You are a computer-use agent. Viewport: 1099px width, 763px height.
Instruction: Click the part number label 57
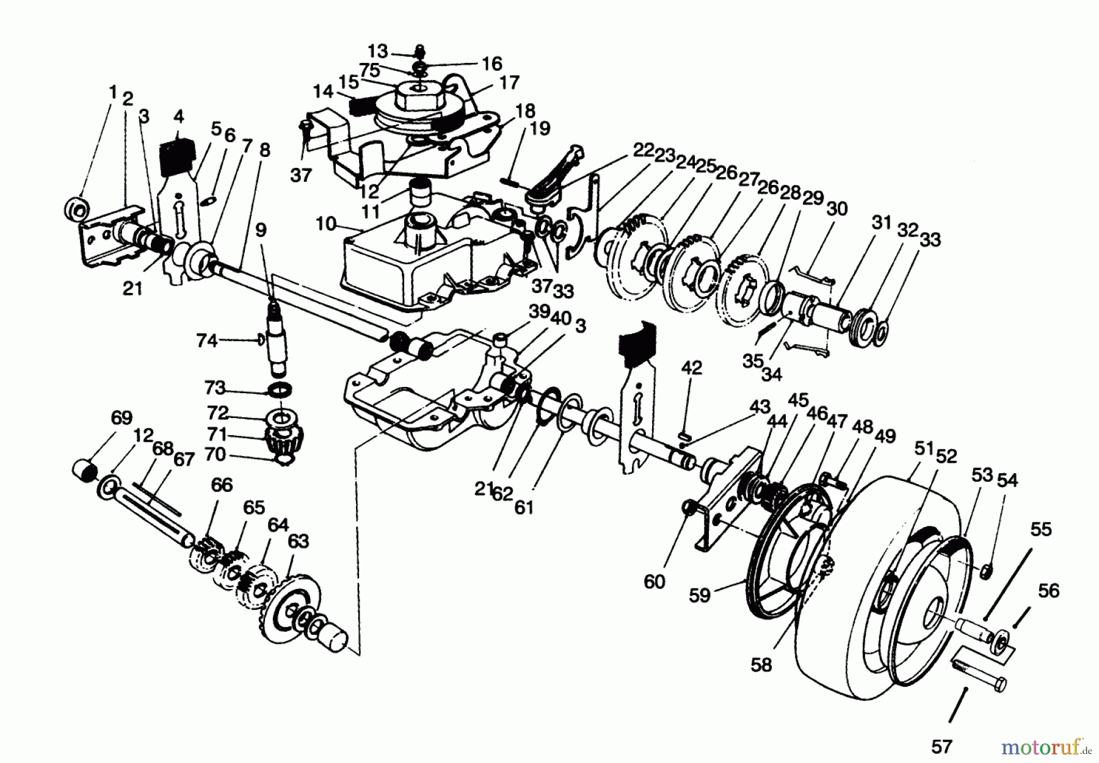[x=941, y=745]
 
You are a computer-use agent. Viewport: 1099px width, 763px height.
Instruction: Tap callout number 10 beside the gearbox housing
[x=326, y=224]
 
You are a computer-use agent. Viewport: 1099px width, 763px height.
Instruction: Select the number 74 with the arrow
[x=207, y=340]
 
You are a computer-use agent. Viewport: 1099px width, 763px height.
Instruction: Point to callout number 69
[x=122, y=418]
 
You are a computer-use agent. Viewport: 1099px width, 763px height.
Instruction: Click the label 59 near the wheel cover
[x=700, y=595]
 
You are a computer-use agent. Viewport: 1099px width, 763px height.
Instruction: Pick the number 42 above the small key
[x=691, y=368]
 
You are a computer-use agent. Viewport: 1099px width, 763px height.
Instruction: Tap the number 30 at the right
[x=836, y=209]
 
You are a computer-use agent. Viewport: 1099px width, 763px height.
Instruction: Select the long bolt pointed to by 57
[x=980, y=671]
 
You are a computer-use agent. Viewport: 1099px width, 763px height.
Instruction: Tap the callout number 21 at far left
[x=132, y=289]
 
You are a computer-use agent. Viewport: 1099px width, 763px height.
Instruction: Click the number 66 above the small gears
[x=222, y=485]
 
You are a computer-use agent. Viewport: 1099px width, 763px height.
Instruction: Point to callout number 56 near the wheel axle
[x=1048, y=591]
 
